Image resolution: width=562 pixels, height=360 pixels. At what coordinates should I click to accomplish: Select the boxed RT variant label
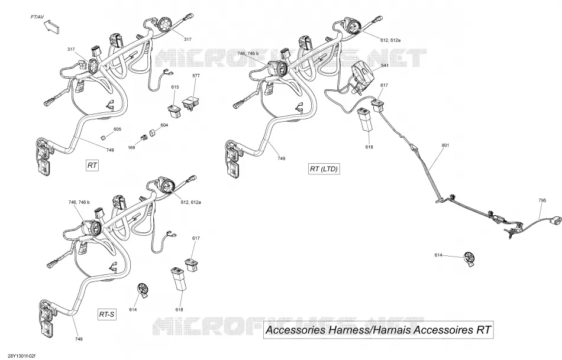92,165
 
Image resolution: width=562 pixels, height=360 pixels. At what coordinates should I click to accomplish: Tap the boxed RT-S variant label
107,314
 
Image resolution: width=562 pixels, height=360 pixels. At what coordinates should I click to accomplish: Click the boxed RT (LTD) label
324,168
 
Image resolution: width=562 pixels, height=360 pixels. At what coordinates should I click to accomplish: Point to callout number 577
196,76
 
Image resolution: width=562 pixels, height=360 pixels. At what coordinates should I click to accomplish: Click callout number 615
175,87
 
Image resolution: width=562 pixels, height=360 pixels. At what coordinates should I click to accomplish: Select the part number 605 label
117,129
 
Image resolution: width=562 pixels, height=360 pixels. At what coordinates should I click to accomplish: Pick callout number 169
132,148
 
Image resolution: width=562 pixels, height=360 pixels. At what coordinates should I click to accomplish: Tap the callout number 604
164,125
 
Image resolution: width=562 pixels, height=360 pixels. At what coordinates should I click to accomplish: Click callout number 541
385,65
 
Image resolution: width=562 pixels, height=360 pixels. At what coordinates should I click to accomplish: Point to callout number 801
445,145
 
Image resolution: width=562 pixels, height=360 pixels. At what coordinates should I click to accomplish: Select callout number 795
542,200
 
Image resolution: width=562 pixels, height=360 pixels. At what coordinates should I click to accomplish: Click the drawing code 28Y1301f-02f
21,356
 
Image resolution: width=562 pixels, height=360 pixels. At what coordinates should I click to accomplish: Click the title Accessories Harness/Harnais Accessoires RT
378,330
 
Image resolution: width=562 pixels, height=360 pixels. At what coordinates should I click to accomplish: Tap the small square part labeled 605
102,138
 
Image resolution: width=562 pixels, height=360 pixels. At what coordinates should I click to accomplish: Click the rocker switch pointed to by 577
190,104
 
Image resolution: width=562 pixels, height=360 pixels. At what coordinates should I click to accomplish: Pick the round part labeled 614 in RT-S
143,290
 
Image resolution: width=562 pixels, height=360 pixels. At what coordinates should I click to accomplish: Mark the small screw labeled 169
144,137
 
